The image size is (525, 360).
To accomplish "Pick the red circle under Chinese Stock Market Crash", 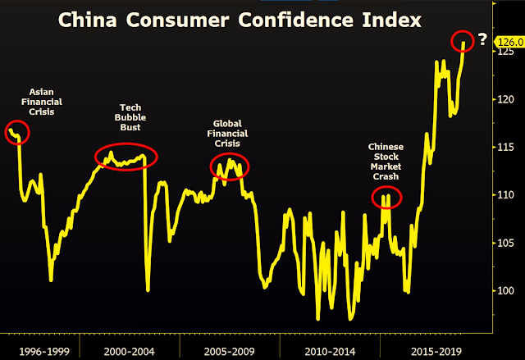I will coord(386,197).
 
